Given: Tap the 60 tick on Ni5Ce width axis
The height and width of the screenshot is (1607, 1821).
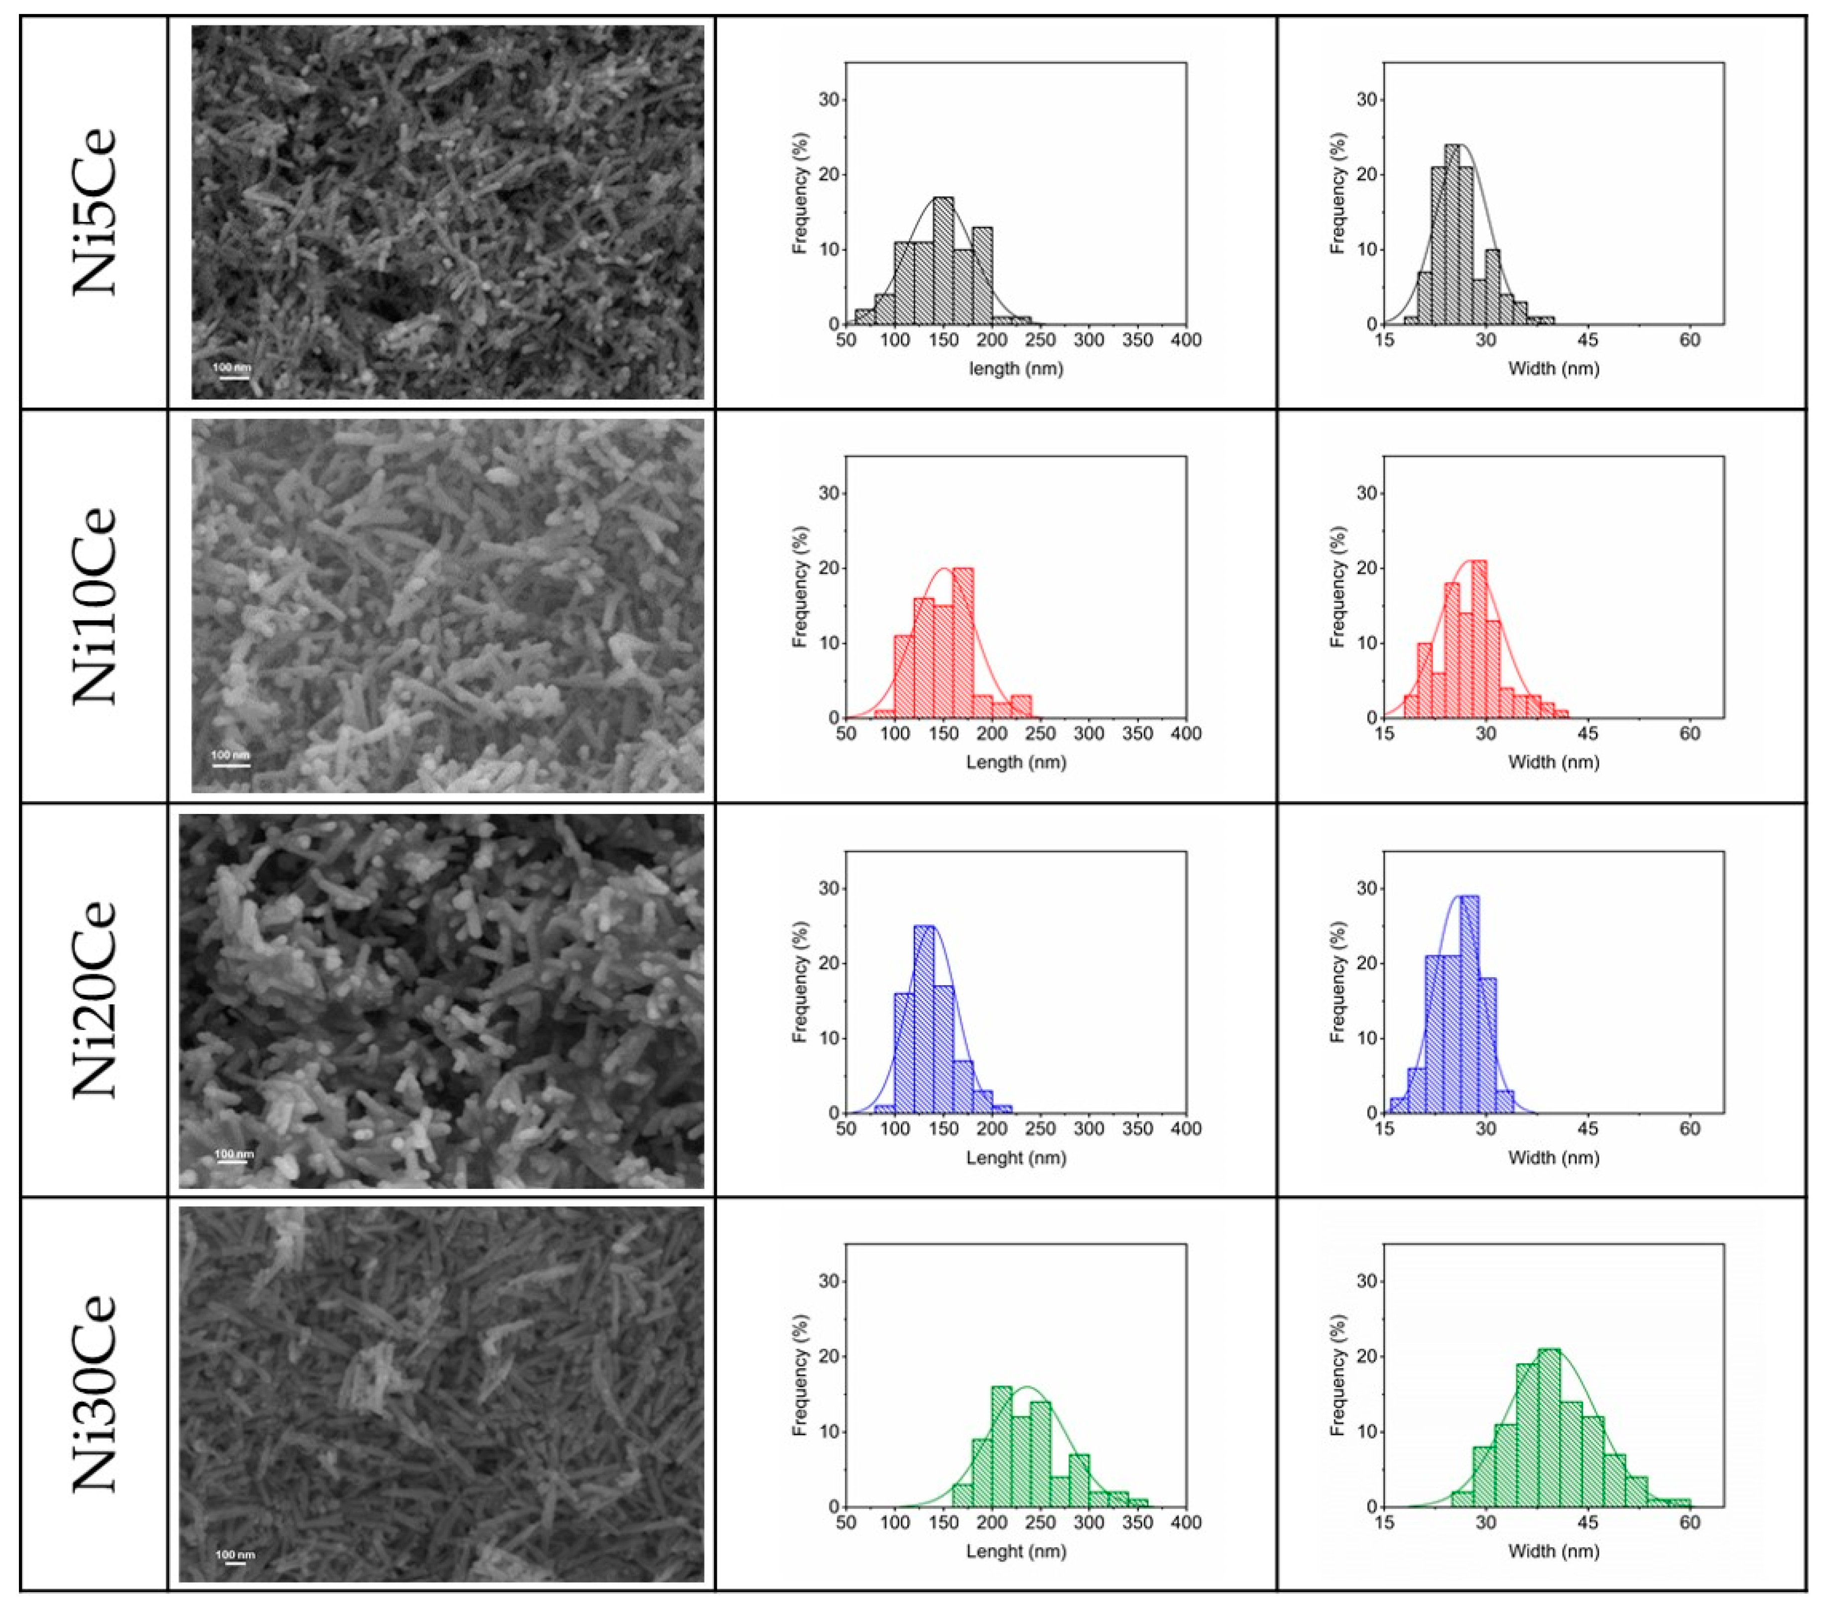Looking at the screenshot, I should point(1690,341).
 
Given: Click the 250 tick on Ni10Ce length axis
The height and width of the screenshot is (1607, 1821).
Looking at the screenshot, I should point(1041,734).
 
